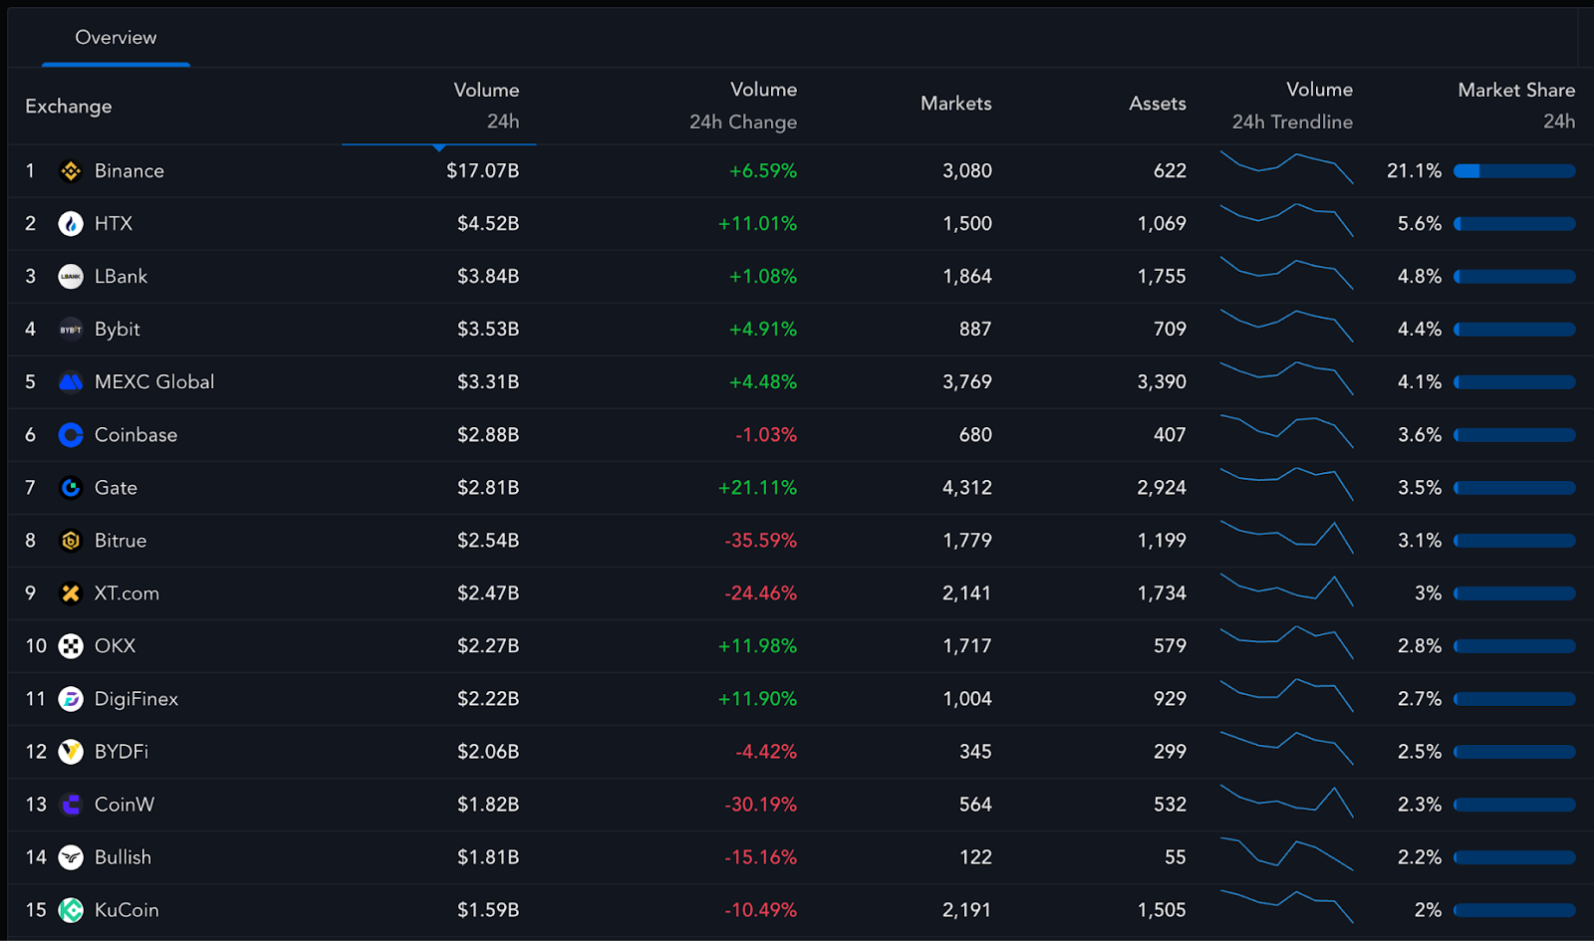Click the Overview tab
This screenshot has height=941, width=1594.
(x=116, y=38)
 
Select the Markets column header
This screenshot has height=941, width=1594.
(x=955, y=104)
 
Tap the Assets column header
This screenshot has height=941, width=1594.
(x=1157, y=104)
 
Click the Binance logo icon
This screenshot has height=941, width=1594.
(x=71, y=171)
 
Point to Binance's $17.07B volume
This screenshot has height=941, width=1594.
(x=482, y=171)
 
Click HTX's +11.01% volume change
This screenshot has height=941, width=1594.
(x=757, y=224)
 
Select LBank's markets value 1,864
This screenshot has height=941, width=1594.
(x=966, y=277)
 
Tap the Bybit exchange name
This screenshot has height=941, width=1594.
(x=117, y=330)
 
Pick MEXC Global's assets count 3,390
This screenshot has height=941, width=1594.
(x=1161, y=382)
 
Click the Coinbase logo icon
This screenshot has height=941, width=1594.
(x=71, y=435)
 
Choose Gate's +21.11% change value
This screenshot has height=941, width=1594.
(x=757, y=488)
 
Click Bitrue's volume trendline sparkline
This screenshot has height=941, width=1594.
(x=1286, y=537)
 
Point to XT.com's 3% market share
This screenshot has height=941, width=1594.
(x=1428, y=593)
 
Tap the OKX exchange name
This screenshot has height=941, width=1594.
(x=115, y=646)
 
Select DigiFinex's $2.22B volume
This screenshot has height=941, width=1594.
(x=487, y=699)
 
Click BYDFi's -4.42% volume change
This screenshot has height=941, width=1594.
(x=765, y=752)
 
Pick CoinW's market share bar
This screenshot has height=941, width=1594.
(x=1514, y=805)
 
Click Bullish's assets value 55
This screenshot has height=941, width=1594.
(x=1175, y=857)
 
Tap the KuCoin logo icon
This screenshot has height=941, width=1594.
(x=71, y=910)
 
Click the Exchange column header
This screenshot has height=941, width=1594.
(x=69, y=107)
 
